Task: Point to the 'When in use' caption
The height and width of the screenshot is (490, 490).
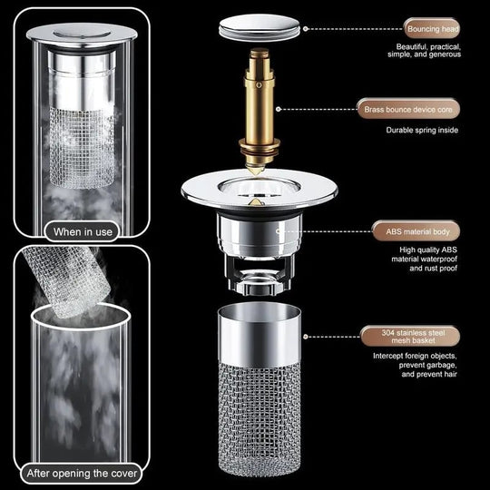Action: [83, 231]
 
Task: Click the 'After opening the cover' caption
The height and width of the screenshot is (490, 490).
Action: [83, 472]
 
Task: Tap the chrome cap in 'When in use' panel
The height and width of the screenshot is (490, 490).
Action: [83, 34]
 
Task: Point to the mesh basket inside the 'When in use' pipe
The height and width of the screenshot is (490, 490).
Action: [83, 145]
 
